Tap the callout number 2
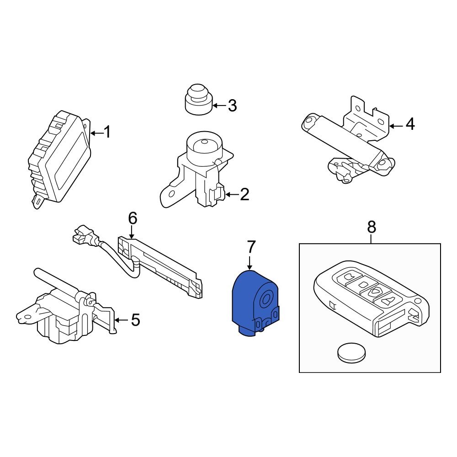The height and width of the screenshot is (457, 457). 244,194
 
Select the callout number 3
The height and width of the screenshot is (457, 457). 232,106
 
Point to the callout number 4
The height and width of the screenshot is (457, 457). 410,124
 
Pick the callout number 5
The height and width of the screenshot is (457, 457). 136,320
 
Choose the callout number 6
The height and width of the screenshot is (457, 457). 133,218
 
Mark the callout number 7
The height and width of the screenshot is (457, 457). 251,247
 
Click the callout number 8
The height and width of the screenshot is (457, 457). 372,227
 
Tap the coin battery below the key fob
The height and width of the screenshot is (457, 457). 351,353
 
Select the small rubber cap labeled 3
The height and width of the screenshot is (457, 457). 199,100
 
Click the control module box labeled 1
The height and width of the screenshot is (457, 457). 60,159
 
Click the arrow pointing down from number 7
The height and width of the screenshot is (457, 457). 250,262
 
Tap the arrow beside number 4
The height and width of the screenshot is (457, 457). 396,126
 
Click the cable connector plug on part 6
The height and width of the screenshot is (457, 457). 83,234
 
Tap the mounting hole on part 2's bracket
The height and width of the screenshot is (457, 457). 172,193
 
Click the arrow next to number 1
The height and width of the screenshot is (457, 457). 97,133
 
